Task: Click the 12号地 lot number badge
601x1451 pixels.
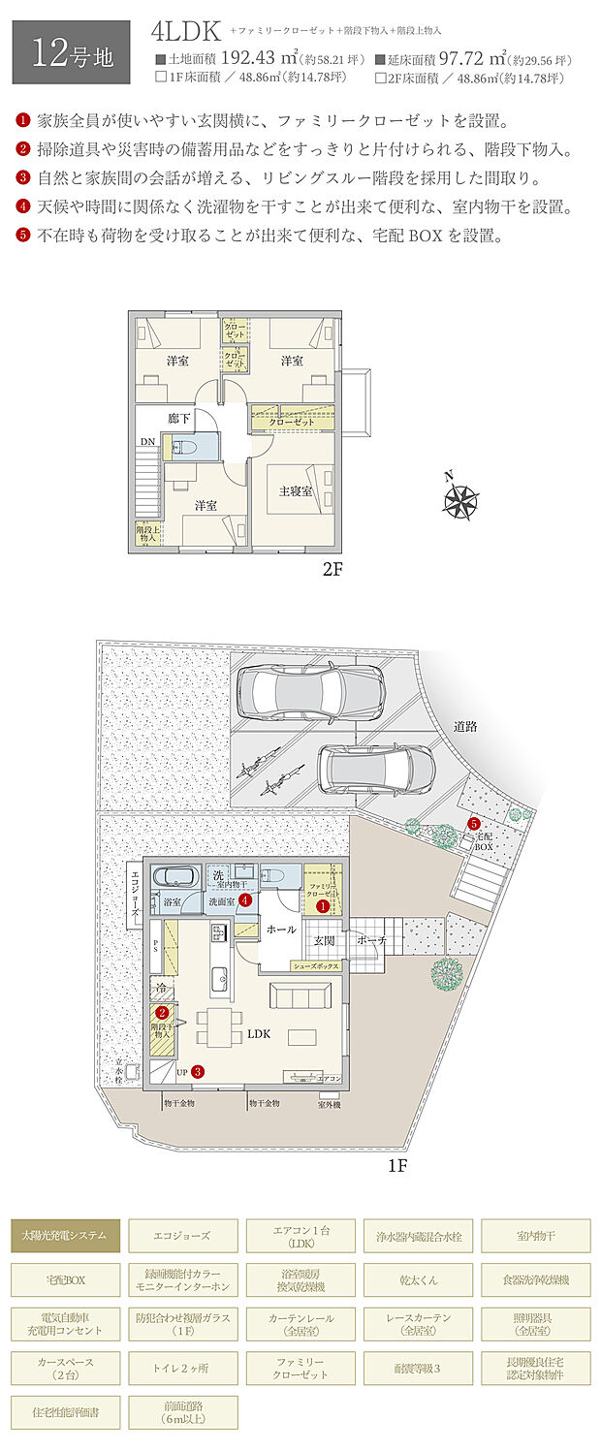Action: coord(70,51)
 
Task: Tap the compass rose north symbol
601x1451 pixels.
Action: coord(461,500)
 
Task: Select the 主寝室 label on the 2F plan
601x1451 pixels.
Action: coord(294,491)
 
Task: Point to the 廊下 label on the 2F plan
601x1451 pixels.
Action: coord(178,418)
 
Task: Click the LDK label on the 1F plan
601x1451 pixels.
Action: coord(259,1033)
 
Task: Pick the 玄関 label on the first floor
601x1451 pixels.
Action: coord(324,939)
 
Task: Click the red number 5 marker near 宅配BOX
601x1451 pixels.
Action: coord(474,824)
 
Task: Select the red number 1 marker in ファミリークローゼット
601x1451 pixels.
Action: coord(322,905)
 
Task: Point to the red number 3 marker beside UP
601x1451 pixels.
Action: coord(198,1072)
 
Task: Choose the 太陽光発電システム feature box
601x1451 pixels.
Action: coord(66,1236)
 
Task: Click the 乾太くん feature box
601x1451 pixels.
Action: coord(419,1279)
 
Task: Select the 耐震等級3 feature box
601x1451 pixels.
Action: coord(419,1368)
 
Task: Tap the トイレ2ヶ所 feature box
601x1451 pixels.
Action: coord(183,1368)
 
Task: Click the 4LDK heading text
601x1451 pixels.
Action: coord(186,31)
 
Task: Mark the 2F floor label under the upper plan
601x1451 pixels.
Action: coord(332,569)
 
